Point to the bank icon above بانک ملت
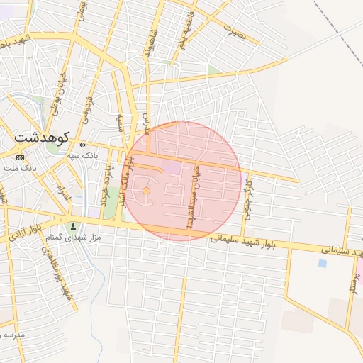tap(19, 157)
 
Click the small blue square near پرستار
tap(323, 263)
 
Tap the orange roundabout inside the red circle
tap(147, 191)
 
